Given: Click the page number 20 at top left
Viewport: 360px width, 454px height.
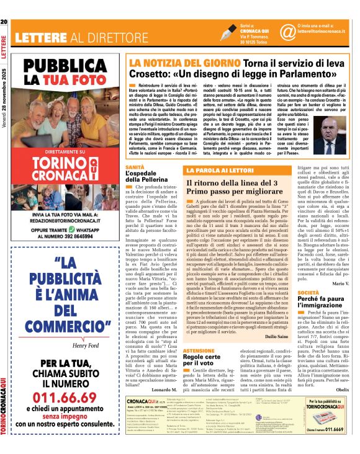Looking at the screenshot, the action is click(4, 22).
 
